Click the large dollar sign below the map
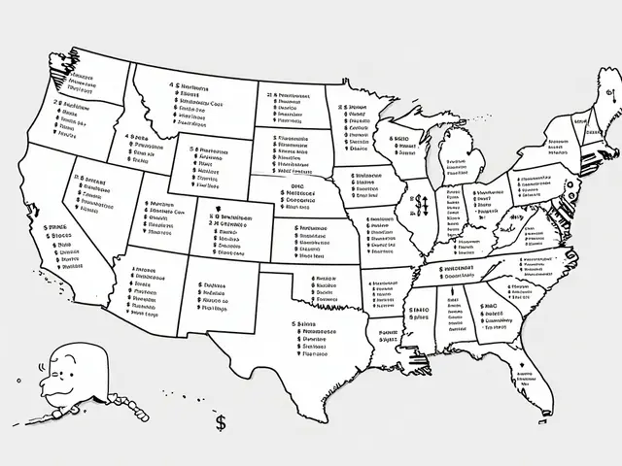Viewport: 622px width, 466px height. [x=223, y=422]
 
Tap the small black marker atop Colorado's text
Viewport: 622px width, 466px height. [x=221, y=216]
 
